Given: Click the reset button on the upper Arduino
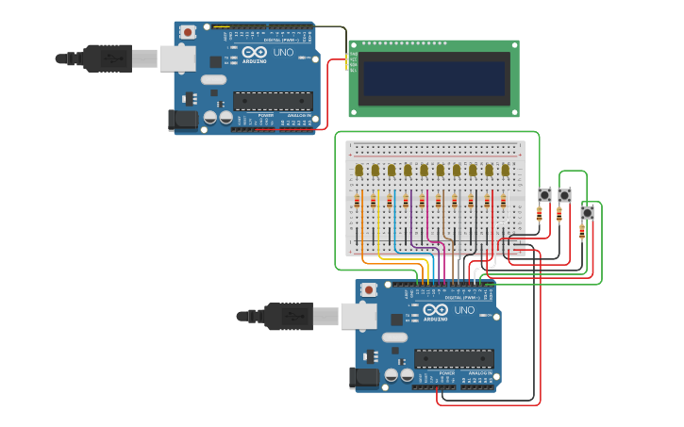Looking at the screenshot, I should tap(188, 32).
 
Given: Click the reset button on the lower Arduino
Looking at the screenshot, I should tap(369, 289).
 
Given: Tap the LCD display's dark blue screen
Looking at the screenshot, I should tap(434, 79).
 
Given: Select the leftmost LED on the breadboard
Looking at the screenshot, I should tap(359, 171).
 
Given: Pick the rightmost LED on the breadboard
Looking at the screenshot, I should tap(505, 171).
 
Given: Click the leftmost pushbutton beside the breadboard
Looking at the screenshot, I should tap(544, 195).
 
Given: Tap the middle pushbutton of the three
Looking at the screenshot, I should tap(564, 195).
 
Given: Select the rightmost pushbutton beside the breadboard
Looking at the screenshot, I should tap(587, 213).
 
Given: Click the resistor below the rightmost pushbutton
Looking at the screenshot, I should tap(581, 232).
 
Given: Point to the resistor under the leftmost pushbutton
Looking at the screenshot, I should tap(539, 215).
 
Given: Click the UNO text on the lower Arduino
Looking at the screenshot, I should tap(464, 310).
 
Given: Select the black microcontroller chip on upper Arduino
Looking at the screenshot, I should tap(273, 101).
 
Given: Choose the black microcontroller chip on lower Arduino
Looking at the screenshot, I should tap(454, 358).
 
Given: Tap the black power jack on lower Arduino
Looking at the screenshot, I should tap(365, 378).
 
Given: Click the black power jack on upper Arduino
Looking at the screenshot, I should tap(184, 120).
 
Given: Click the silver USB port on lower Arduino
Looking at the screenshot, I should tap(359, 316).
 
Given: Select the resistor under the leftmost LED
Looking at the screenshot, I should tap(358, 202).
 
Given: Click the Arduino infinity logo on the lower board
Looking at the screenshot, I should tap(436, 310).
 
